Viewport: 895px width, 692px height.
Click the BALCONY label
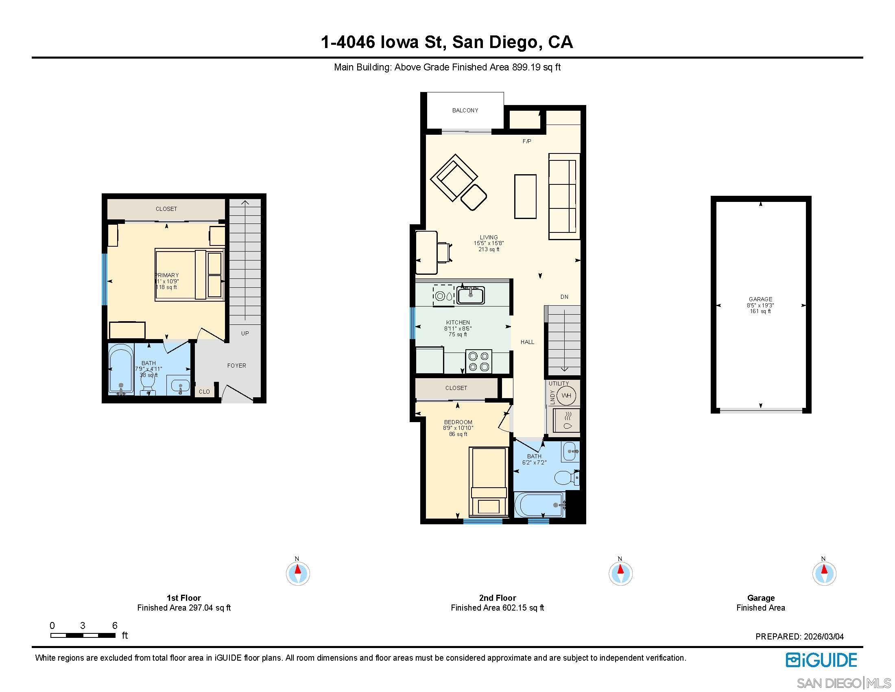pos(465,110)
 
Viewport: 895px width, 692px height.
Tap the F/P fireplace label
pos(526,141)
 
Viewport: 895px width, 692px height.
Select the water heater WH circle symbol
pos(566,396)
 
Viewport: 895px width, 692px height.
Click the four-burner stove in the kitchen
pos(479,361)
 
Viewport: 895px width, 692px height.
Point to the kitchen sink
pos(471,295)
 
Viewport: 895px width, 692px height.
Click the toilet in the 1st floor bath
pos(148,383)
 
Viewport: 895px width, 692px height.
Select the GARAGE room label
pos(760,299)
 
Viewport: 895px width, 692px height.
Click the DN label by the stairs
pos(564,297)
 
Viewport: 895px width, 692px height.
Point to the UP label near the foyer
pos(244,333)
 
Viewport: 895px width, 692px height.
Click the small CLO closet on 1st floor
pos(204,392)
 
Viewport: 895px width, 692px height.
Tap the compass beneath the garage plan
pos(824,573)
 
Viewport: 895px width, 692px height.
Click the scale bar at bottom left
pos(83,635)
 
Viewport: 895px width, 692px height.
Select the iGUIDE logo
pos(821,660)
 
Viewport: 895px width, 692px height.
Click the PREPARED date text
pos(799,637)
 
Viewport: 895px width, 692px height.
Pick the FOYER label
pos(236,366)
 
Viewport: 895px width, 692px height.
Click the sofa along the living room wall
pos(564,197)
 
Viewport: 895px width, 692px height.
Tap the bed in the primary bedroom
pos(189,275)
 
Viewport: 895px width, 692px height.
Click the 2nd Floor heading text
pos(497,598)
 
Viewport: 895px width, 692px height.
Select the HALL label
pos(527,342)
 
